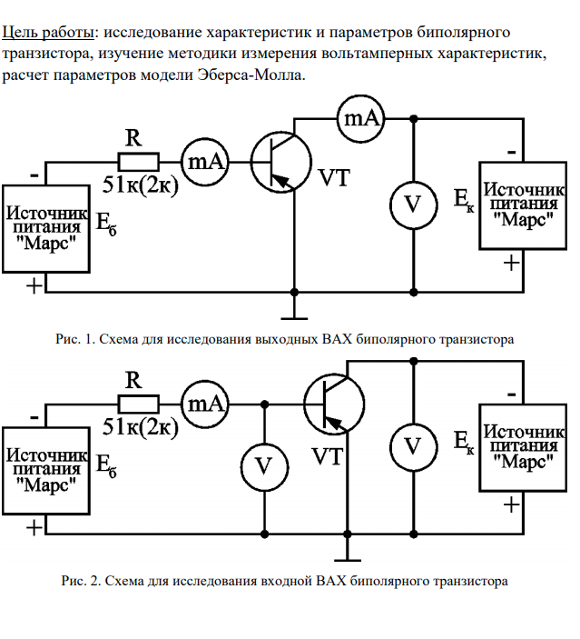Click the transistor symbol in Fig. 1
280,162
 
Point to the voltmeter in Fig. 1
413,205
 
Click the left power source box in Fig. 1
47,226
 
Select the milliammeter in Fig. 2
206,403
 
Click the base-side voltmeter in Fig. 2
264,466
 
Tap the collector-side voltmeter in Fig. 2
413,446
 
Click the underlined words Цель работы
48,34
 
